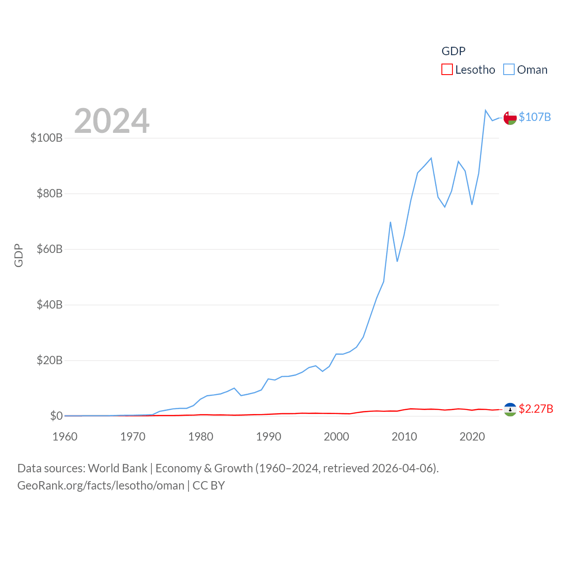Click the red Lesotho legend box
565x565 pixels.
click(x=447, y=70)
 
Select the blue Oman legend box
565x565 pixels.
click(x=509, y=70)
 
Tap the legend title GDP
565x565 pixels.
click(x=453, y=51)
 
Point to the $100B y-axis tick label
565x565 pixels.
click(x=46, y=138)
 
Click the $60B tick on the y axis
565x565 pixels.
click(x=49, y=249)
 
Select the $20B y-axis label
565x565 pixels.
click(x=49, y=360)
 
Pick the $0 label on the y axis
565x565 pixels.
click(x=56, y=416)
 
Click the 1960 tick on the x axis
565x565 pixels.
click(x=65, y=437)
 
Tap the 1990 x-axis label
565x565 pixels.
click(x=268, y=437)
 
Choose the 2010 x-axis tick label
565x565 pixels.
click(x=404, y=437)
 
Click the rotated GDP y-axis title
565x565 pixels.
click(x=19, y=255)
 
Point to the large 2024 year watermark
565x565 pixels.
click(x=112, y=121)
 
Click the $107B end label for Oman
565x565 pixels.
click(x=535, y=117)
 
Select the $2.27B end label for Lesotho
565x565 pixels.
click(x=536, y=409)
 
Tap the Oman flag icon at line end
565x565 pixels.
click(x=510, y=118)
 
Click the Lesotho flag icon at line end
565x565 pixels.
click(x=510, y=409)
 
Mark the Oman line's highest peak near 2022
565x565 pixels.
click(x=486, y=110)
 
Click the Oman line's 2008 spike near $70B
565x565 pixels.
click(x=391, y=222)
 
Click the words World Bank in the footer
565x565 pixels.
click(x=117, y=468)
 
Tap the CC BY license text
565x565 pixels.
click(x=209, y=486)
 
